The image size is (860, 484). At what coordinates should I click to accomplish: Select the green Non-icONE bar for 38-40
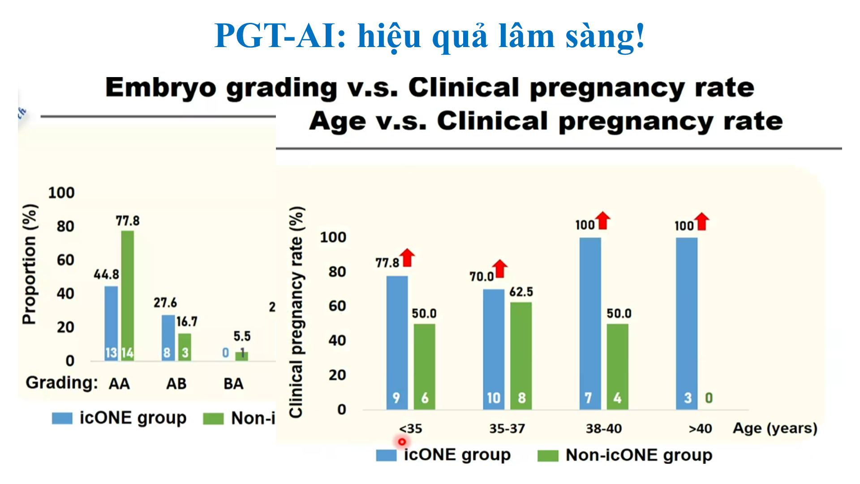[617, 365]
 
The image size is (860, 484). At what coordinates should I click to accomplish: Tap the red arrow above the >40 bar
[702, 221]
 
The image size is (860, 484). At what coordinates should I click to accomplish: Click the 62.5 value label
[521, 292]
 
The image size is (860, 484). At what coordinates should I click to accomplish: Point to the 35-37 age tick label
[507, 429]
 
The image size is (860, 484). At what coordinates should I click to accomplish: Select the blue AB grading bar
[168, 336]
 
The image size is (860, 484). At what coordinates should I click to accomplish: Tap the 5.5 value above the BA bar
[242, 337]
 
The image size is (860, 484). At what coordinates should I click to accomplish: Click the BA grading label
[233, 384]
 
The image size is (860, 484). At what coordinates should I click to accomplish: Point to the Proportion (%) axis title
[30, 264]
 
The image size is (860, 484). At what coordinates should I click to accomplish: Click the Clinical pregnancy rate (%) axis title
[297, 312]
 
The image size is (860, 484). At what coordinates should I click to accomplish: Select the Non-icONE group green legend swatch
[548, 456]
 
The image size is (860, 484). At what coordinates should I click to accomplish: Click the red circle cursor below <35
[402, 442]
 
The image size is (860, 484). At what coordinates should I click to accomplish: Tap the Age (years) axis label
[775, 428]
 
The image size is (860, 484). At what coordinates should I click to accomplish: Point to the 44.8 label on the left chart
[106, 274]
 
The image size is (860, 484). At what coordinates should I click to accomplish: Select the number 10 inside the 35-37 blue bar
[493, 398]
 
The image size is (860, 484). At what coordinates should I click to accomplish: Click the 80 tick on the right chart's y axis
[337, 272]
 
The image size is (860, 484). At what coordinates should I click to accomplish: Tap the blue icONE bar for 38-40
[590, 323]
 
